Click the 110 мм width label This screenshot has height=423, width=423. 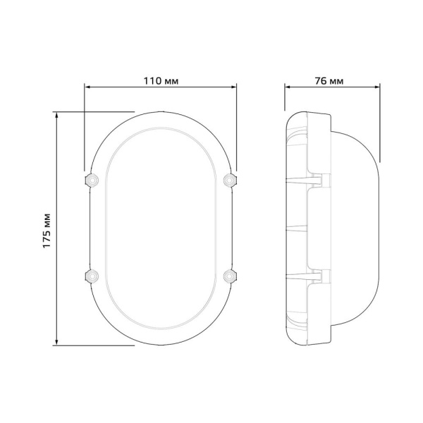[x=160, y=80]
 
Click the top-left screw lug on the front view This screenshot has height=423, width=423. [x=90, y=179]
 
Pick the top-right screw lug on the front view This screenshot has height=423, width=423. [x=229, y=179]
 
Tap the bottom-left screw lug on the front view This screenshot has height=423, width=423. [x=90, y=275]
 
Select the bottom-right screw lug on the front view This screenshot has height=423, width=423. [x=229, y=275]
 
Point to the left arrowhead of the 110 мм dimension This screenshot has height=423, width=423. [x=87, y=88]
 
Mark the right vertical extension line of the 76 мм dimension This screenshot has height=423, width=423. [x=380, y=123]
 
